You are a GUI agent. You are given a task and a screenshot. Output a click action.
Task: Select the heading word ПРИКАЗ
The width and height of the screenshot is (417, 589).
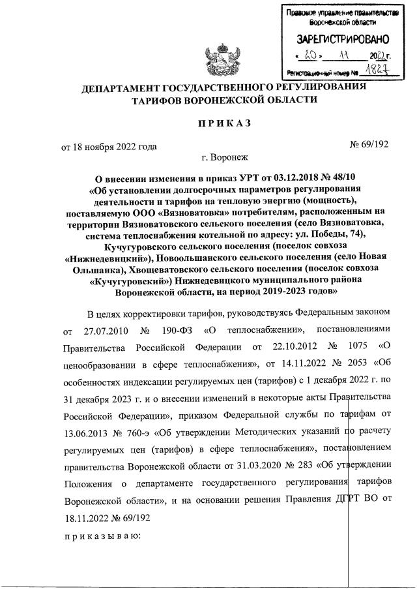(x=220, y=123)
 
